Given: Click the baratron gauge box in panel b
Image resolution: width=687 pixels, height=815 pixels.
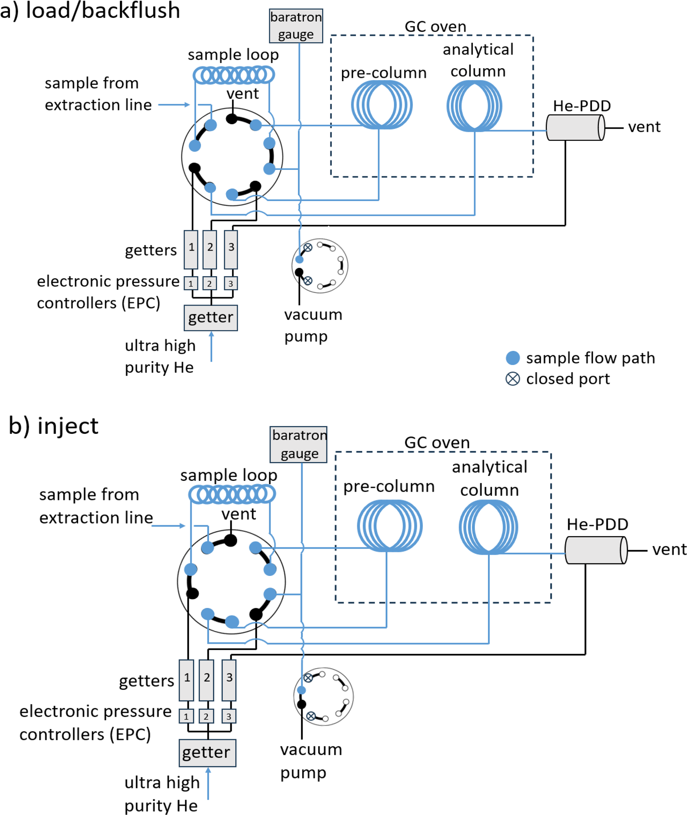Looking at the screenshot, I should (298, 445).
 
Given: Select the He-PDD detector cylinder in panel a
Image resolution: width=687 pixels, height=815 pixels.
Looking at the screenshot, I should (575, 127).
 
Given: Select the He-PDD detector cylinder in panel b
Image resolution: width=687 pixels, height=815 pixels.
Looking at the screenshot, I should (596, 550).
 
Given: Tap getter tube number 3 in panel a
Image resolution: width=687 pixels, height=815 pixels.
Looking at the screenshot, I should (231, 249).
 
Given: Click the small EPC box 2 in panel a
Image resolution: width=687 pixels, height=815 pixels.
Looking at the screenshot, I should (209, 283).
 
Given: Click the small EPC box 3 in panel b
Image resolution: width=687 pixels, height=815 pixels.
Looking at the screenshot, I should (229, 716).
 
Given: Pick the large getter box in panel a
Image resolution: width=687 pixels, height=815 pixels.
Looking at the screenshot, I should (211, 318).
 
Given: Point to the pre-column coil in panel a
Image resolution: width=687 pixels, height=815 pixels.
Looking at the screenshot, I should (382, 105).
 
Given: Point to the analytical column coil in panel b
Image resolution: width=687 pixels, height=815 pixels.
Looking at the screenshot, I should (488, 527).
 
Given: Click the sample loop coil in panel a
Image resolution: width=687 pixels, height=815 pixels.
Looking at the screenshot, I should (234, 75).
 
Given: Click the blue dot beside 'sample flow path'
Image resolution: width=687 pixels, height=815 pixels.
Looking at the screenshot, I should (513, 358).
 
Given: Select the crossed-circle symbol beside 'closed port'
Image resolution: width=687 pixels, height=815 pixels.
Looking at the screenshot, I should (513, 379).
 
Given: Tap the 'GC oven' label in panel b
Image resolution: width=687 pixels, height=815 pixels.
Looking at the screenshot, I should (437, 443).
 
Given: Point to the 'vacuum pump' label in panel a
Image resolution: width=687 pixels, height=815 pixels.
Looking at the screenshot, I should (313, 325).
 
